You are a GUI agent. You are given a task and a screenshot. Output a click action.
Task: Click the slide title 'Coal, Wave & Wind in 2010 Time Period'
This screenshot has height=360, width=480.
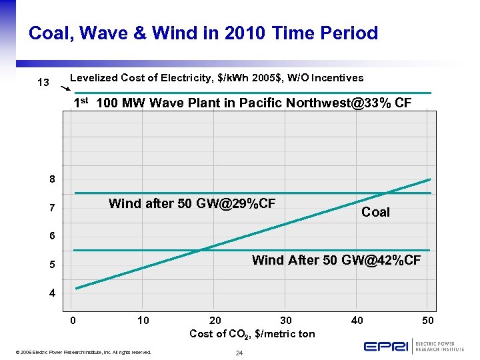pyautogui.click(x=203, y=33)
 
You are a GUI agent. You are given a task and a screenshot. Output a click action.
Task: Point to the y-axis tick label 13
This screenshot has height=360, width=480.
pyautogui.click(x=43, y=83)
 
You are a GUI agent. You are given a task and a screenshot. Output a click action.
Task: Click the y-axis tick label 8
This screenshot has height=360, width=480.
pyautogui.click(x=52, y=179)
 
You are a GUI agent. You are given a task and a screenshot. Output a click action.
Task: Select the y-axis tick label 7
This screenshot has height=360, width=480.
pyautogui.click(x=52, y=209)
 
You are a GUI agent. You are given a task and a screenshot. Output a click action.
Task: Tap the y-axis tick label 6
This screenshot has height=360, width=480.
pyautogui.click(x=52, y=237)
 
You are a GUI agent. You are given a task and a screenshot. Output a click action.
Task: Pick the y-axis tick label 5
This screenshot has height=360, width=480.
pyautogui.click(x=52, y=265)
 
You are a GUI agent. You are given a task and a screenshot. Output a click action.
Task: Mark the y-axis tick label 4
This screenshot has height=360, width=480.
pyautogui.click(x=52, y=293)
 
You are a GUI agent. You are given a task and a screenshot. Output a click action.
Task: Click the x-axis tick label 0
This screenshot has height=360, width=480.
pyautogui.click(x=73, y=321)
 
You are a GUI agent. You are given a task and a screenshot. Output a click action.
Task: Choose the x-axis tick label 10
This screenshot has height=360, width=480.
pyautogui.click(x=143, y=321)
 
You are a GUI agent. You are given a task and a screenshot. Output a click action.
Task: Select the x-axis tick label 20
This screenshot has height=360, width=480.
pyautogui.click(x=215, y=321)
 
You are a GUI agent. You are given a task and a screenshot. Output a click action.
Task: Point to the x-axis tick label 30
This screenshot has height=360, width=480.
pyautogui.click(x=286, y=321)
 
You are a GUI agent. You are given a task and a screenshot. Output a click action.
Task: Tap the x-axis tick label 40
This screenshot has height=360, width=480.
pyautogui.click(x=357, y=321)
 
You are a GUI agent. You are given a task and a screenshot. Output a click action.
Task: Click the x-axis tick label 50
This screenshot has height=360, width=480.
pyautogui.click(x=428, y=321)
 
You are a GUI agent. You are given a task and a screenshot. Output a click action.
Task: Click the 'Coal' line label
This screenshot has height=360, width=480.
pyautogui.click(x=375, y=212)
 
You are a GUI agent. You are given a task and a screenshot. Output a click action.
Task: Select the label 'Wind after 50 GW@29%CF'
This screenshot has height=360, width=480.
pyautogui.click(x=192, y=203)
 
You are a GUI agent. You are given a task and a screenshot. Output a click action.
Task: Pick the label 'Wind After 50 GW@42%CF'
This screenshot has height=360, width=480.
pyautogui.click(x=336, y=260)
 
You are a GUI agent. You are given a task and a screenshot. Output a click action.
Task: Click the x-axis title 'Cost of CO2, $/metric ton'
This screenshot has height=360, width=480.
pyautogui.click(x=252, y=333)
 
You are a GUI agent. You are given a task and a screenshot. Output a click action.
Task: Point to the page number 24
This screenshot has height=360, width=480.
pyautogui.click(x=238, y=352)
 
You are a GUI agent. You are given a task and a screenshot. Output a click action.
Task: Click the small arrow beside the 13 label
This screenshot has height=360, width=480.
pyautogui.click(x=65, y=88)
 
